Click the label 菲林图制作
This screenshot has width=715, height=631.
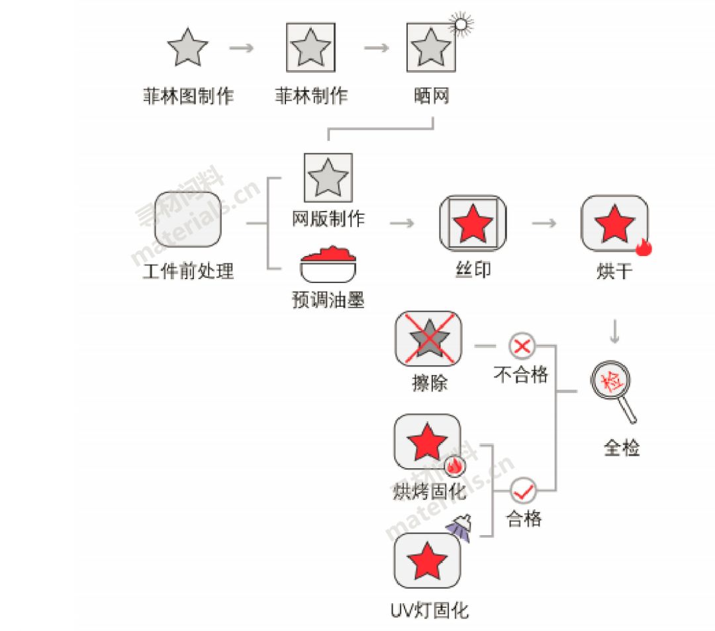[x=188, y=96]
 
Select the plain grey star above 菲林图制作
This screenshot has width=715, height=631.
[x=187, y=48]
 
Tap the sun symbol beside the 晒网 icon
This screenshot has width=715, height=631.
[x=461, y=24]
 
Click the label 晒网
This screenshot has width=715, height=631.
[x=432, y=96]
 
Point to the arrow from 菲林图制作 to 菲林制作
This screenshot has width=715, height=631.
[x=241, y=48]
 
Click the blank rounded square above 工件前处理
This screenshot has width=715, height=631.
[x=188, y=219]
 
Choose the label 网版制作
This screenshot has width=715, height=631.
[x=328, y=219]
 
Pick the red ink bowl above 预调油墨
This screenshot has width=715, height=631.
[x=328, y=265]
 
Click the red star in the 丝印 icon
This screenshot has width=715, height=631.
[x=473, y=224]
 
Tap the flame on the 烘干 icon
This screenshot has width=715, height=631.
[x=644, y=247]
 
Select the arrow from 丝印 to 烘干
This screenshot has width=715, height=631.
[x=544, y=223]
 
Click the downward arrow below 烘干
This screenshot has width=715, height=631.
[x=614, y=331]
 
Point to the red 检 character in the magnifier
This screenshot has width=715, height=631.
[x=610, y=380]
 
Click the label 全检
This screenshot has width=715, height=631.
[x=622, y=448]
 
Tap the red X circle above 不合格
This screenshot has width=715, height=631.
[x=522, y=346]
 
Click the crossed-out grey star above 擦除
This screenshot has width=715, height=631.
[x=428, y=339]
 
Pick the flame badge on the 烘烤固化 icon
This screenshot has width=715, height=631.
[x=454, y=466]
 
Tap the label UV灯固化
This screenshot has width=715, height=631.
[x=430, y=610]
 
